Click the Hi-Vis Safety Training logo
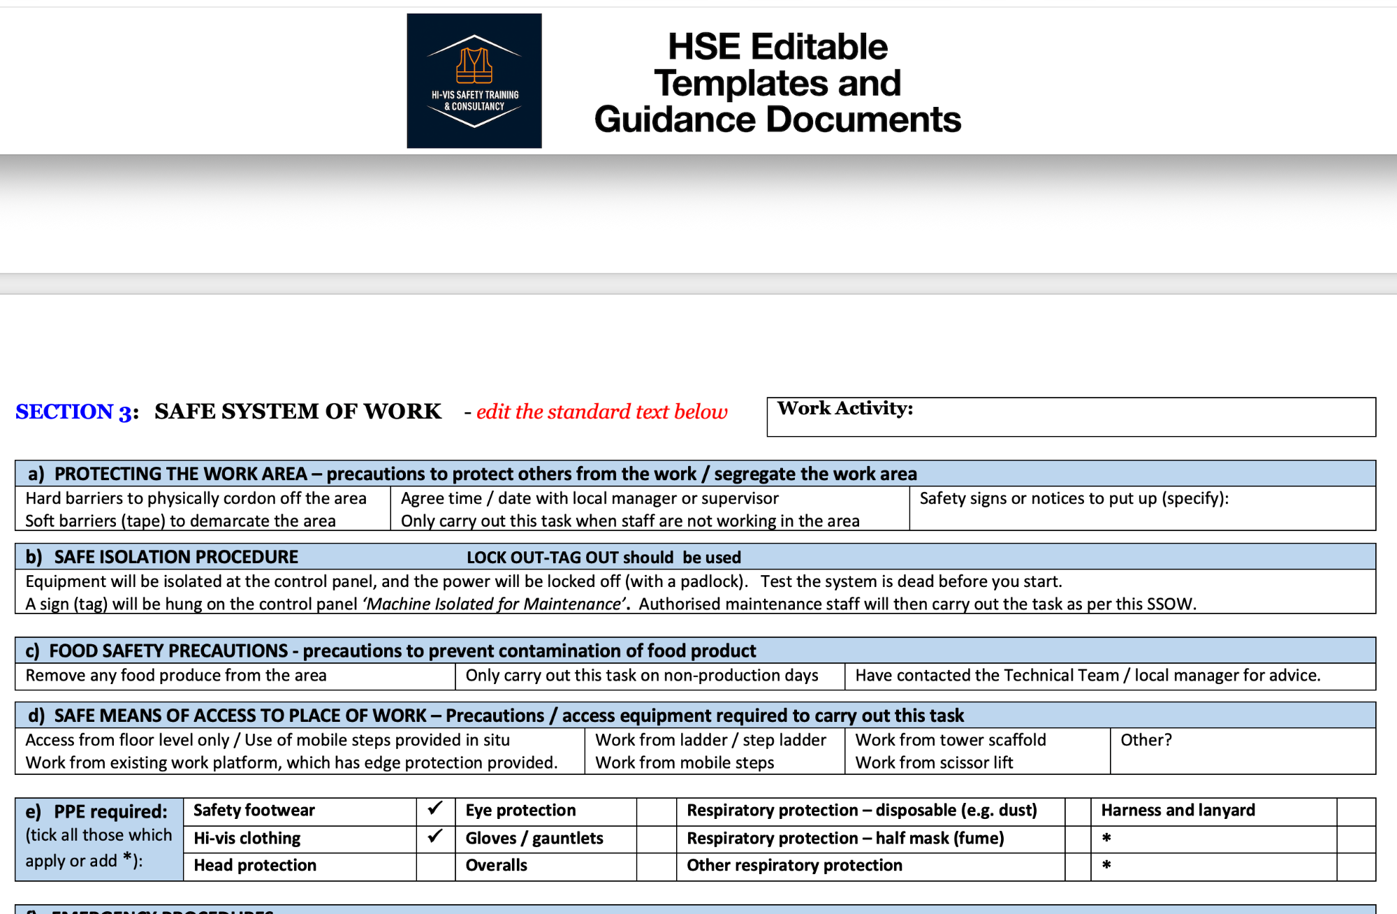pos(474,81)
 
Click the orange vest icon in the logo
pos(474,65)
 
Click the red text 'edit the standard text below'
pos(601,412)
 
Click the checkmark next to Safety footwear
pos(435,810)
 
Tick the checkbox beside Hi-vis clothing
pos(435,838)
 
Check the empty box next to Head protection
pos(435,866)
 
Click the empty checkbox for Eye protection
pos(656,811)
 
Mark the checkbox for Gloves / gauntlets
pos(656,839)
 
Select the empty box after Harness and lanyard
pos(1356,811)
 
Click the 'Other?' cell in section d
pos(1146,740)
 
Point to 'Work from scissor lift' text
pos(934,762)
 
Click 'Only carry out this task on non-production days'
pos(642,676)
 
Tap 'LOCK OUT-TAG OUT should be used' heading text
pos(604,558)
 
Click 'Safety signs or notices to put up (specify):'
pos(1074,498)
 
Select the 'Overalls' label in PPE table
pos(497,866)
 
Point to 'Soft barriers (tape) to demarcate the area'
pos(180,521)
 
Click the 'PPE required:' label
pos(110,812)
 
